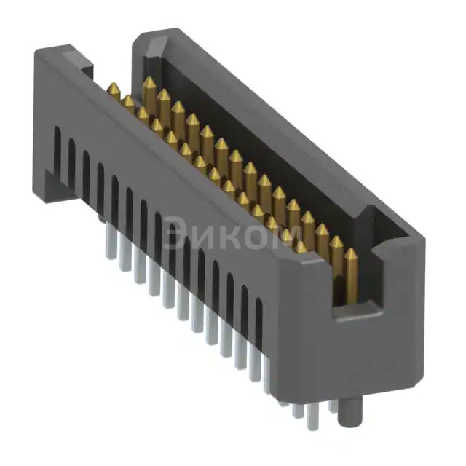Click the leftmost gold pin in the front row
114,92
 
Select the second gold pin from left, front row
128,103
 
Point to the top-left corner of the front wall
40,55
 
